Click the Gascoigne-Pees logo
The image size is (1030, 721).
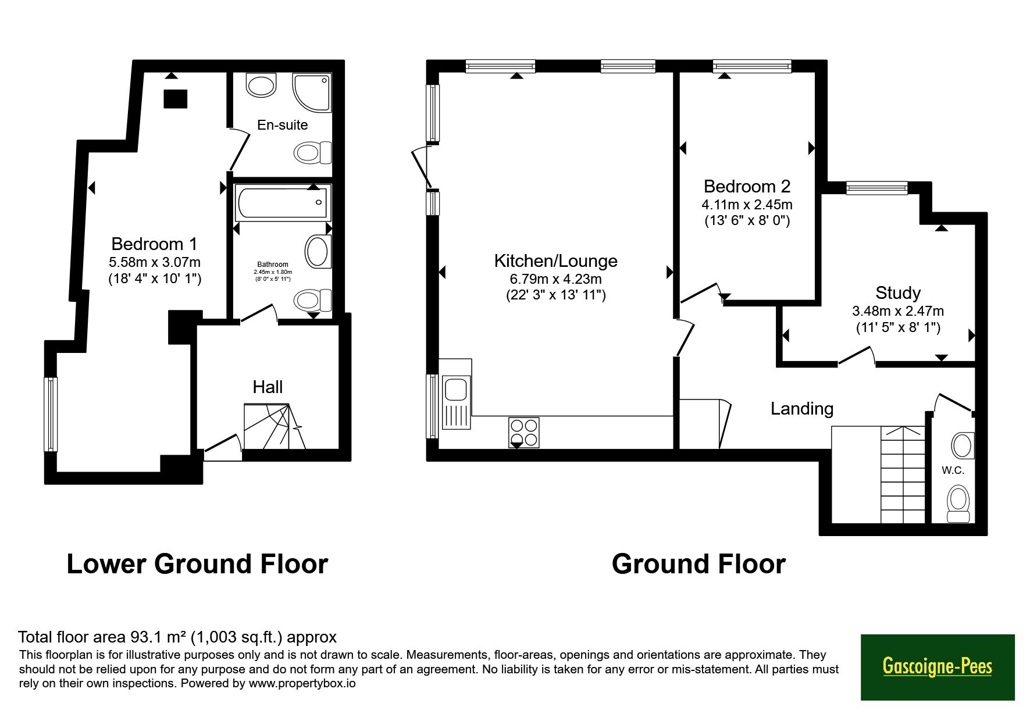(x=937, y=666)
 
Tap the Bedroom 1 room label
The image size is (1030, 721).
(x=154, y=244)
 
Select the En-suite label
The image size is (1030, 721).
(x=283, y=125)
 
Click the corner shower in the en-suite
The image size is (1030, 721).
(x=312, y=92)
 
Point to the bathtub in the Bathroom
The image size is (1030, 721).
(x=283, y=202)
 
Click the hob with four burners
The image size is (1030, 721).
(x=523, y=433)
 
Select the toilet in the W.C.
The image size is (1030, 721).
(x=958, y=504)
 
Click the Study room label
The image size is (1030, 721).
(x=898, y=292)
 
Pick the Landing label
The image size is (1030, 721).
(x=802, y=409)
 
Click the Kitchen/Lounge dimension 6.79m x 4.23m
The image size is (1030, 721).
(x=556, y=279)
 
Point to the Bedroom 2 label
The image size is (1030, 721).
(x=747, y=187)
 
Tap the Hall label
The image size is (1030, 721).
(x=268, y=387)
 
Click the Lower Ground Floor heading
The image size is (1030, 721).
(x=197, y=565)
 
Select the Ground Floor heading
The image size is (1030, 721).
(x=698, y=565)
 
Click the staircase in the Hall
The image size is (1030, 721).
(x=274, y=427)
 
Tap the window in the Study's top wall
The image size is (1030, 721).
(x=876, y=188)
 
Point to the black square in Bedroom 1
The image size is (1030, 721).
(x=176, y=99)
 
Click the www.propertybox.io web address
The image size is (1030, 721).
(x=302, y=683)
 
